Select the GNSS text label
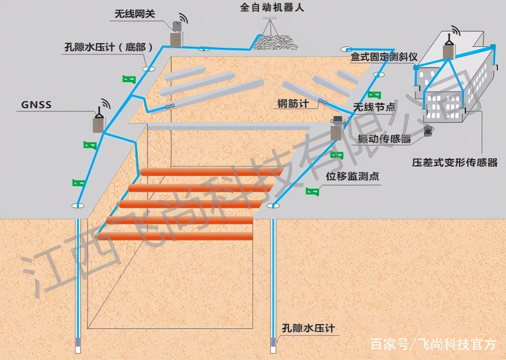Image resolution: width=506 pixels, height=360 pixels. tap(36, 106)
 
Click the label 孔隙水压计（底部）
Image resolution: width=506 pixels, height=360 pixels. tap(109, 47)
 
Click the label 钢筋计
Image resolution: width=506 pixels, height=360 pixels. tap(293, 104)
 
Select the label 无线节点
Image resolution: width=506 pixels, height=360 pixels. tap(374, 107)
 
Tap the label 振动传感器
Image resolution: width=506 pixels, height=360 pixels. tap(384, 138)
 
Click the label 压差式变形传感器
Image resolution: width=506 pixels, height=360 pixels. tap(455, 163)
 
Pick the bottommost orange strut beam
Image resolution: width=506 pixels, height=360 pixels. tap(177, 236)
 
